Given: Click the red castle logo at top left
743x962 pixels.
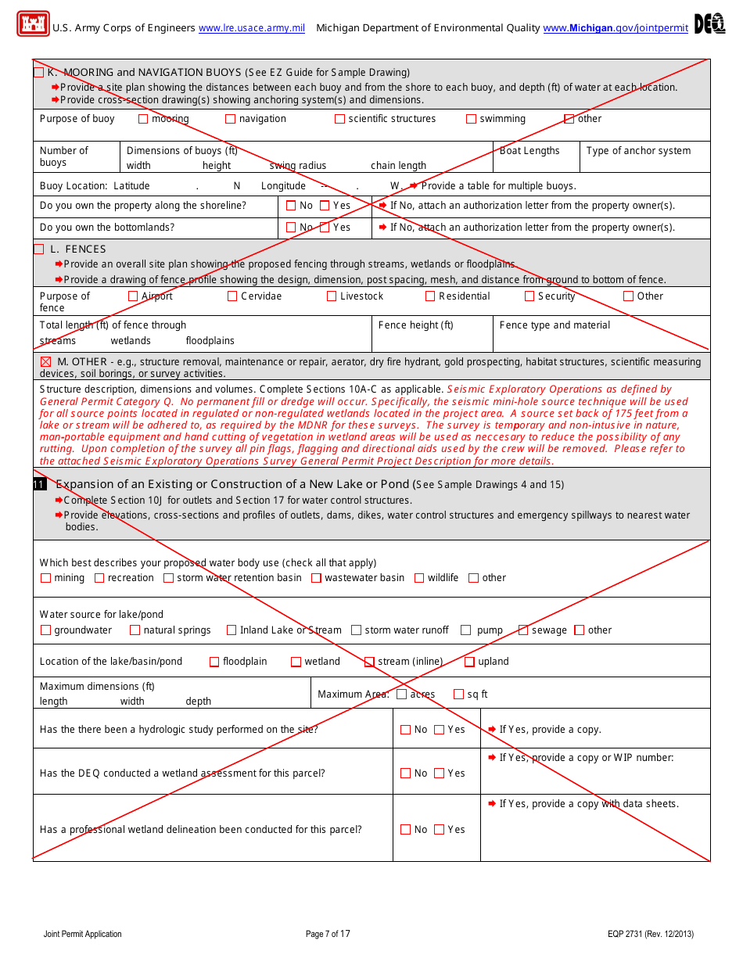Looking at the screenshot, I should point(33,23).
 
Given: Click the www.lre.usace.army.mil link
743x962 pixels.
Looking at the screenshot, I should point(252,28).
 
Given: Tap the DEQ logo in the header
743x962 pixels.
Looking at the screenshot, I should point(709,24).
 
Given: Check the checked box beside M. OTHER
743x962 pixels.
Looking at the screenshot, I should point(45,362).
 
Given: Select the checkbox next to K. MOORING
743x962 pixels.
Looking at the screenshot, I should point(39,73).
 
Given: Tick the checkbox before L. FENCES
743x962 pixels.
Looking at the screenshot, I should point(39,249).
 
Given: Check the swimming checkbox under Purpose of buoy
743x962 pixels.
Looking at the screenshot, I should point(471,119).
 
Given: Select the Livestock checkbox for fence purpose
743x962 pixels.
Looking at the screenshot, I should point(332,296).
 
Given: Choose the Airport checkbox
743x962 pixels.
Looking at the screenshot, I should point(133,296).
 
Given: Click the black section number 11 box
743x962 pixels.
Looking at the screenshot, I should point(39,485).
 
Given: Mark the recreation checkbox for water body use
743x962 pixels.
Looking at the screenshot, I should point(99,578).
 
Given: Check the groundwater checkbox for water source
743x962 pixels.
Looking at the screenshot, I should point(45,630).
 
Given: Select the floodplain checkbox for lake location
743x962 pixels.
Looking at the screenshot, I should point(214,662).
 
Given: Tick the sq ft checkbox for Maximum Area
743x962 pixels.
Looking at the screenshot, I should point(459,695).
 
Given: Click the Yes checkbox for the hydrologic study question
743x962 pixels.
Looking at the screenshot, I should point(440,730).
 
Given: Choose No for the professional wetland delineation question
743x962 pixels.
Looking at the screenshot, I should point(405,830).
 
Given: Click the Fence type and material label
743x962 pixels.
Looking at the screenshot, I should point(555,325).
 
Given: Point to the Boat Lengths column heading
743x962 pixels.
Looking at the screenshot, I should point(529,151).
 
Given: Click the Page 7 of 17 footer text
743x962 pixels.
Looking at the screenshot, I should point(328,934).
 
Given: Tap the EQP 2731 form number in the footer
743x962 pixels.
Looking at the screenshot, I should point(650,934).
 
